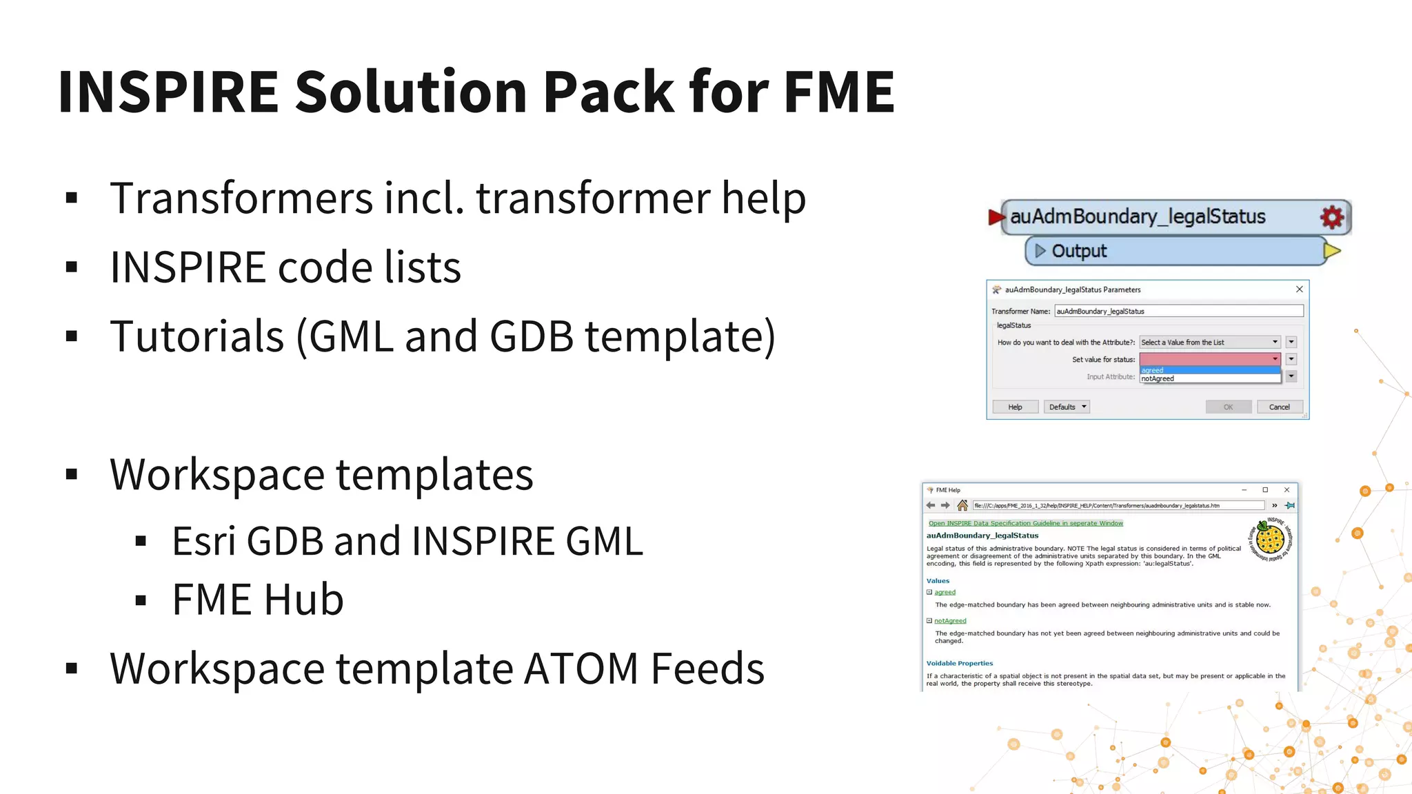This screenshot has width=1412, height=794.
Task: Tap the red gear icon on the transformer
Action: click(x=1331, y=217)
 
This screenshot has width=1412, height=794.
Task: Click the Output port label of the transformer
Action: click(x=1078, y=252)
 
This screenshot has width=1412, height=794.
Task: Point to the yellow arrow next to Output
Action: click(x=1332, y=251)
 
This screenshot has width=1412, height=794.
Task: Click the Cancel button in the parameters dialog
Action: click(x=1279, y=407)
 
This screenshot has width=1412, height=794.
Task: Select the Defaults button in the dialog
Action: click(x=1066, y=407)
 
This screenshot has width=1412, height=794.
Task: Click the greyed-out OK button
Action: click(x=1228, y=407)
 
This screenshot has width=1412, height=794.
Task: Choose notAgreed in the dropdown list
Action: click(x=1158, y=379)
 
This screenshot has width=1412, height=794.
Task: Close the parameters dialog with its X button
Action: click(x=1299, y=289)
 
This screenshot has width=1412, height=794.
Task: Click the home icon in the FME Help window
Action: click(x=962, y=506)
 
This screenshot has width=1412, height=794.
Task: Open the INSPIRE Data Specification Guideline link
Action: click(x=1025, y=523)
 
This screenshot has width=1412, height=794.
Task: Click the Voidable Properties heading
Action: click(x=959, y=664)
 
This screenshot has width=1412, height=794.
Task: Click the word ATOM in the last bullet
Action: click(x=581, y=669)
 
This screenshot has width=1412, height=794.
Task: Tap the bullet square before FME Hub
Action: click(x=141, y=600)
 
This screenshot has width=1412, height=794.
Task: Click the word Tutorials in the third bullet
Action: click(x=197, y=336)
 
